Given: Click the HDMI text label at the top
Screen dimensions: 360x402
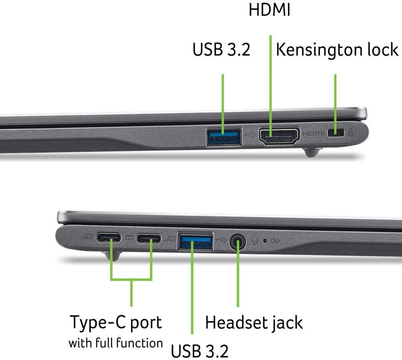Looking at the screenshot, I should [x=269, y=10].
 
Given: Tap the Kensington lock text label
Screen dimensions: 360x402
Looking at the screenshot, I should [x=337, y=50].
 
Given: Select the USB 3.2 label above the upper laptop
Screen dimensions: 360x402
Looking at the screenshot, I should [x=221, y=50].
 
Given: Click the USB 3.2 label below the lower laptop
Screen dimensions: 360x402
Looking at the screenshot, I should [x=200, y=350].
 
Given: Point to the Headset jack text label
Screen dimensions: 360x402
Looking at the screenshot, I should [x=254, y=322].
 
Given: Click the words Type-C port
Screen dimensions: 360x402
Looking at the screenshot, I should [x=116, y=322].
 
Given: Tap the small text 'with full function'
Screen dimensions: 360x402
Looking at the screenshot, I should [x=115, y=343].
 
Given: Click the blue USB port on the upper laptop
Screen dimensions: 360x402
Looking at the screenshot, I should [x=224, y=137].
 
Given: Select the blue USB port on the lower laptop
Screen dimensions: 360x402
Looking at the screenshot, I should [x=195, y=242].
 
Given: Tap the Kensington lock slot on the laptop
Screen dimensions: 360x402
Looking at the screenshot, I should [x=337, y=133].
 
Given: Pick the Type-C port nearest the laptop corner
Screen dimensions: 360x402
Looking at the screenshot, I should [x=109, y=238].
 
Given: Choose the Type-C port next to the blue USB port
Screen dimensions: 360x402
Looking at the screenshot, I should [x=149, y=239].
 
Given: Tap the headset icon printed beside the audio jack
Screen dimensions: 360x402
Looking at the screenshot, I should [x=254, y=240].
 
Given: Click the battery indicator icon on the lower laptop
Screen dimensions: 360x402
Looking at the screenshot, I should [x=275, y=241].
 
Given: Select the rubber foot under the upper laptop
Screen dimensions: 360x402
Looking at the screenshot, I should [x=313, y=153].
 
